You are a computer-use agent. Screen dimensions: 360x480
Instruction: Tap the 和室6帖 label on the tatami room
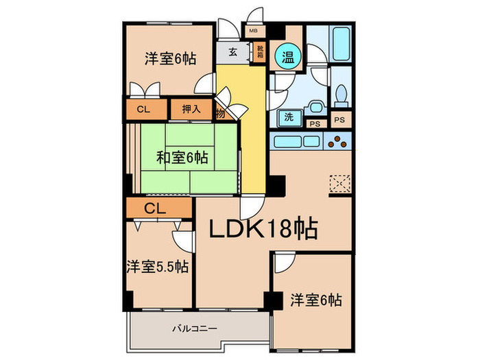pyautogui.click(x=182, y=158)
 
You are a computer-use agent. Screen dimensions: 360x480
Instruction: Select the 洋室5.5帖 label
pyautogui.click(x=158, y=266)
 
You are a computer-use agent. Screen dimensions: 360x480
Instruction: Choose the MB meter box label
pyautogui.click(x=253, y=32)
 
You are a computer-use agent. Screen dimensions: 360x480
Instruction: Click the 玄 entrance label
pyautogui.click(x=233, y=52)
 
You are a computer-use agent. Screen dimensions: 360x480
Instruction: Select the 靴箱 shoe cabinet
pyautogui.click(x=260, y=52)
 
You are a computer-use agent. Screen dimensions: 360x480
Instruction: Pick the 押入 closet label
pyautogui.click(x=191, y=109)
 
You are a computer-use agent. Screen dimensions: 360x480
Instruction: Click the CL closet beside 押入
pyautogui.click(x=144, y=109)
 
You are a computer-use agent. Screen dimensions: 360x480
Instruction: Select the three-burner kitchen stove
pyautogui.click(x=338, y=142)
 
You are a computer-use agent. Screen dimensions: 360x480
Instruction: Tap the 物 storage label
pyautogui.click(x=221, y=113)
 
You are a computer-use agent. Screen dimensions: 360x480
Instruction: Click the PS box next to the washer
pyautogui.click(x=315, y=123)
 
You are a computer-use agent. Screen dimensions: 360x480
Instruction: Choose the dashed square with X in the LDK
pyautogui.click(x=340, y=184)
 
